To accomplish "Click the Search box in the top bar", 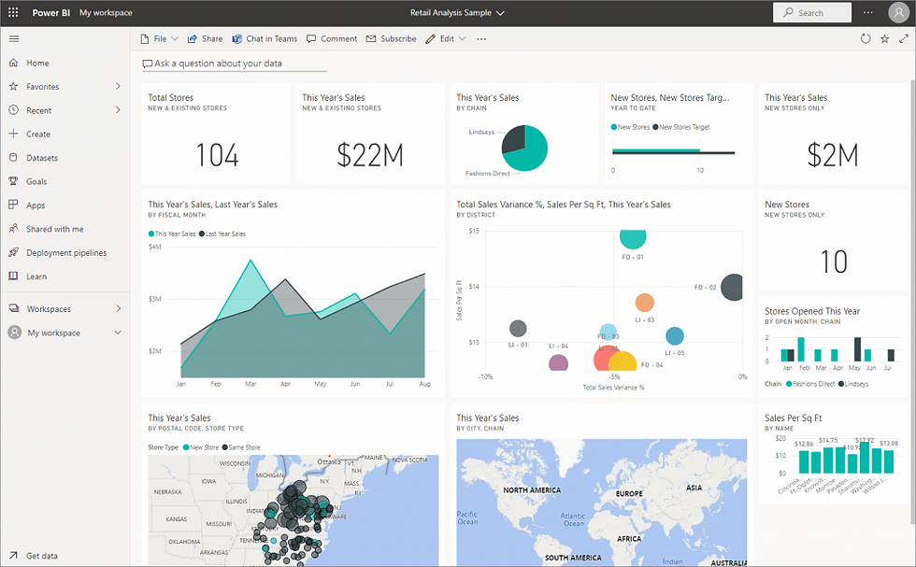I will coord(811,13).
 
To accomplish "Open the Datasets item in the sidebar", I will coord(42,158).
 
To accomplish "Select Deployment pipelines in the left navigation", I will coord(66,253).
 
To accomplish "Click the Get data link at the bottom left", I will coord(41,556).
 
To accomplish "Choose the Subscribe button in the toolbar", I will coord(392,39).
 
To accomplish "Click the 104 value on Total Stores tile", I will coord(217,155).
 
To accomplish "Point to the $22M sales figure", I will coord(370,155).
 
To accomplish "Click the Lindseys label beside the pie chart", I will coord(480,132).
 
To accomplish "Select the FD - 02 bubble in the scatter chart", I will coord(734,288).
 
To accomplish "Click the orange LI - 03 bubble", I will coord(644,303).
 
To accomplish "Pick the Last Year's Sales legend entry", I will coord(224,234).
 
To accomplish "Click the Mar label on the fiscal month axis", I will coord(250,384).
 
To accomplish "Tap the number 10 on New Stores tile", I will coord(833,262).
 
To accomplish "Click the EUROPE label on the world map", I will coord(629,493).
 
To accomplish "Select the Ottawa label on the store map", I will coord(328,461).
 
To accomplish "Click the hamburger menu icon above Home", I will coord(13,39).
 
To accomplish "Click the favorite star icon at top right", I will coord(884,39).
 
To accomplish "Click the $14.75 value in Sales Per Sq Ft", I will coord(827,440).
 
